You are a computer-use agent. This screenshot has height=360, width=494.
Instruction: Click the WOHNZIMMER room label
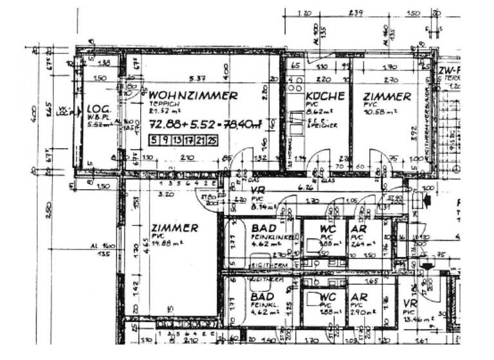click(x=192, y=95)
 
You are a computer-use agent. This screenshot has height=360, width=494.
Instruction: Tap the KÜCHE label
click(x=325, y=96)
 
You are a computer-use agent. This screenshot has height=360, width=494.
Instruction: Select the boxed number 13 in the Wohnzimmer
click(x=178, y=139)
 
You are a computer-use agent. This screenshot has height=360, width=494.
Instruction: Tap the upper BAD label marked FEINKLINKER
click(x=263, y=229)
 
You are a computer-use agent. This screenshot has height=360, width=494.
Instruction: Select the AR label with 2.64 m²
click(x=358, y=229)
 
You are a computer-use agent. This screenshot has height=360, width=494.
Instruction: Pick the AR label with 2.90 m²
click(x=359, y=297)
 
